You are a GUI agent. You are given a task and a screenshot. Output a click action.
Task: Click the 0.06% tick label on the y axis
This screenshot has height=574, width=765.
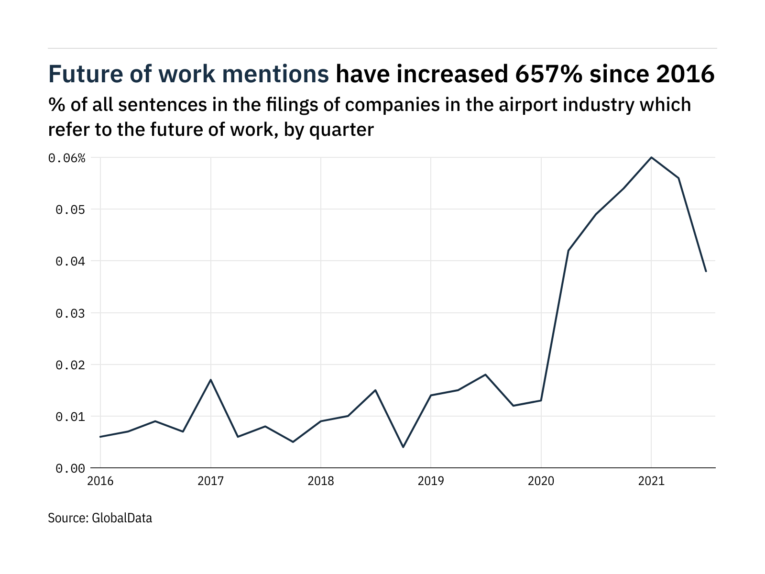[66, 158]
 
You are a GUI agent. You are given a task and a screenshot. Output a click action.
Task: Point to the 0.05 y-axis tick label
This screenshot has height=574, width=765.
[70, 210]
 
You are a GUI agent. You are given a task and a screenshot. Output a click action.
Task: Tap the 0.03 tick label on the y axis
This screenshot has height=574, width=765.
[70, 313]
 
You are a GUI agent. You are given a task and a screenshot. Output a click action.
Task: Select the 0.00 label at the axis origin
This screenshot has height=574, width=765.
[70, 468]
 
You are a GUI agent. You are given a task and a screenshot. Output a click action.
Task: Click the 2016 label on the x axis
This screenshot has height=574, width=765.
[100, 481]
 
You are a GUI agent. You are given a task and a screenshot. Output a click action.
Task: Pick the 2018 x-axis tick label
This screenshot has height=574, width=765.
[321, 481]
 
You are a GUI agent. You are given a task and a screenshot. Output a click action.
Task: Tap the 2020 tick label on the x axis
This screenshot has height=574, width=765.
[541, 481]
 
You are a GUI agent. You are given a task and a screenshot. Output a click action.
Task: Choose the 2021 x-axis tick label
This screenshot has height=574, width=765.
[651, 481]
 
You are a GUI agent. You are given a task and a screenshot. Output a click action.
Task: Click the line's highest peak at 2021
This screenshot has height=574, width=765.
[651, 157]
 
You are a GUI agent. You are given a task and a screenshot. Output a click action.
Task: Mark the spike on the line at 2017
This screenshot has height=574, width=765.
[211, 380]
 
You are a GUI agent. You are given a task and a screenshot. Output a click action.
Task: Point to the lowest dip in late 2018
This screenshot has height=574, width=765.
[403, 447]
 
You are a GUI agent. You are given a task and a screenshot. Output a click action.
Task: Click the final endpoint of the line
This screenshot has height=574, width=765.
[706, 271]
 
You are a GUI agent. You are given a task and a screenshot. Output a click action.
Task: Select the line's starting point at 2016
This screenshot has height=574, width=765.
[100, 437]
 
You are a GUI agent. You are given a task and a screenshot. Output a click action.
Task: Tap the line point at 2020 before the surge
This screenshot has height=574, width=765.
[541, 400]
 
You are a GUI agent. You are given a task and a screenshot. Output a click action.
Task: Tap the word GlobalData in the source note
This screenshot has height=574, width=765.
[121, 518]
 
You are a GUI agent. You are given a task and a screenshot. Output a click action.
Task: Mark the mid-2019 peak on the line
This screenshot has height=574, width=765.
[486, 375]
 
